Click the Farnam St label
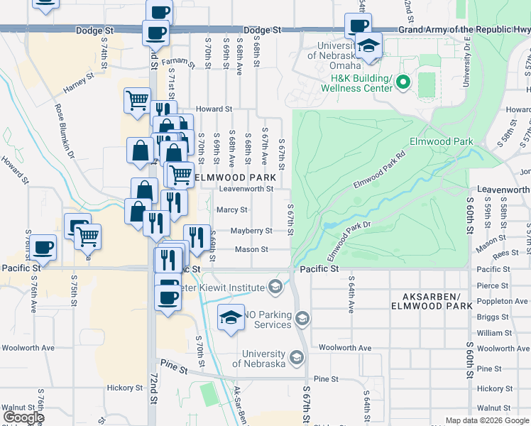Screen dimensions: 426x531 [174, 61]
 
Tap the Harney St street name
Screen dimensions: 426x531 [79, 83]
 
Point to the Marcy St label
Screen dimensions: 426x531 [231, 209]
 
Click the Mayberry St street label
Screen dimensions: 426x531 [251, 231]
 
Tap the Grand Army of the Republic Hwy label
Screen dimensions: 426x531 [464, 30]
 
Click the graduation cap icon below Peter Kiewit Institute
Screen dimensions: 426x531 [231, 318]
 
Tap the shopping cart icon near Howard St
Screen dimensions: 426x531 [137, 99]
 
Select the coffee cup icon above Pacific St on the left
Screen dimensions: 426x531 [43, 247]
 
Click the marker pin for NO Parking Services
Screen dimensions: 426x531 [302, 317]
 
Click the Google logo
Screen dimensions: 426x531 [23, 417]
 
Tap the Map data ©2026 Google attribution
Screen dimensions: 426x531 [487, 420]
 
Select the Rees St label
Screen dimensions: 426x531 [505, 253]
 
